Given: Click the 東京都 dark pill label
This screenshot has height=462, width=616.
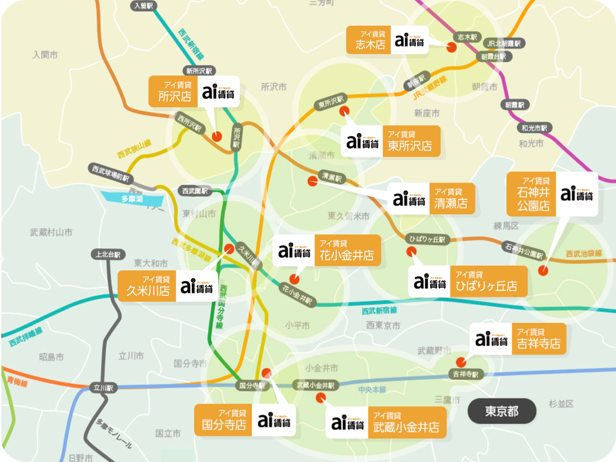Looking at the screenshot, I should (502, 411).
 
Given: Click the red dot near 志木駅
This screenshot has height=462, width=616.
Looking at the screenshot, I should (452, 48).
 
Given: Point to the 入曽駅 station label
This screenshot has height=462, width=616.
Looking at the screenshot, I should (143, 6).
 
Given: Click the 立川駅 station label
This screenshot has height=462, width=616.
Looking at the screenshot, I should (104, 388).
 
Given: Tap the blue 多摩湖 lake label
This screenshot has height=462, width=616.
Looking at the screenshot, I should (132, 199).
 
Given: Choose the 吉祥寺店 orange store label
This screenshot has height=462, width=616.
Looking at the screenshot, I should (538, 339).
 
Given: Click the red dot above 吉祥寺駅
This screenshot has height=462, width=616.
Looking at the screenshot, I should (461, 362).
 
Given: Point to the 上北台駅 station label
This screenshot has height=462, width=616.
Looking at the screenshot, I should (108, 254).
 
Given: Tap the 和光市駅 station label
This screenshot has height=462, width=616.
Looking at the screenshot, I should (534, 128).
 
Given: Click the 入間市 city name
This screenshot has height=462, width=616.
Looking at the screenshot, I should (45, 55).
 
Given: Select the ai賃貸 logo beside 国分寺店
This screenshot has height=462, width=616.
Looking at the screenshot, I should (273, 421).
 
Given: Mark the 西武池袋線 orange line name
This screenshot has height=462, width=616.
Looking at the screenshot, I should (583, 253).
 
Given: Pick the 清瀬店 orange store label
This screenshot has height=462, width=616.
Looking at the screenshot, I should (452, 199).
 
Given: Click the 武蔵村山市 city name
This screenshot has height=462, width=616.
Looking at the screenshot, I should (51, 232).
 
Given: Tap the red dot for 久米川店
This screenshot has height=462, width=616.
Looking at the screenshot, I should (229, 249).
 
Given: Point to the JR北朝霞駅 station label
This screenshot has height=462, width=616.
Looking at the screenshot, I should (504, 44).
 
